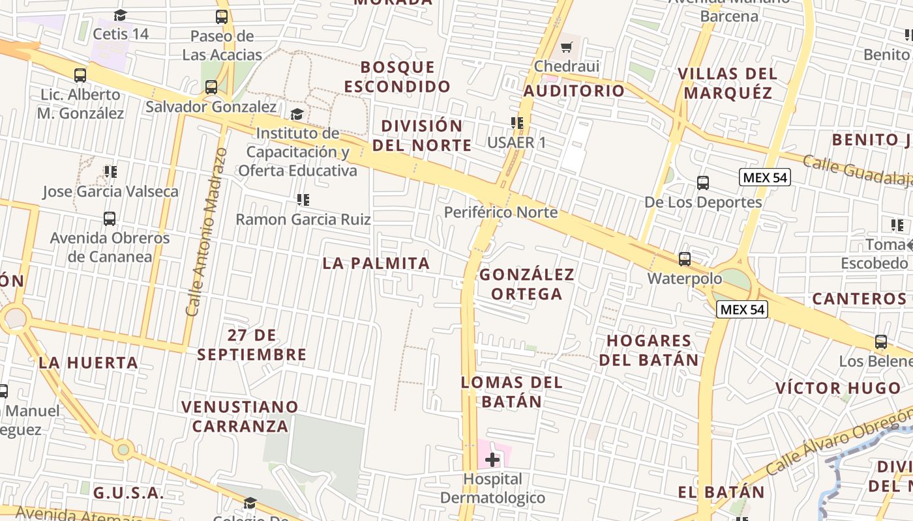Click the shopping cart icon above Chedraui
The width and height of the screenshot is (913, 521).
point(566,47)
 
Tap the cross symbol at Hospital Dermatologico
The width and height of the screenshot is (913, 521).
point(492,460)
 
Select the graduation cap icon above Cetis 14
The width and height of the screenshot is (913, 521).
point(120,15)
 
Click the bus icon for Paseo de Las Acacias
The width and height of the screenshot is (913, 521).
point(222,17)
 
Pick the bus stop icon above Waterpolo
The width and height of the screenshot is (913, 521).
point(685,259)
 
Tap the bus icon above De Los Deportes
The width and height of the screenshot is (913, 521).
point(703,183)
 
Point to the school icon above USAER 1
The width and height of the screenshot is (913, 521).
point(517,123)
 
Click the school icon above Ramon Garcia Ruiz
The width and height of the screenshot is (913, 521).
point(303,200)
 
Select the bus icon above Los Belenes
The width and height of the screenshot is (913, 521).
point(881,342)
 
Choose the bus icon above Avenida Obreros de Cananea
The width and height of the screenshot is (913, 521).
point(110,219)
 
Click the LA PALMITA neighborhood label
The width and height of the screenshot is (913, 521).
point(376,263)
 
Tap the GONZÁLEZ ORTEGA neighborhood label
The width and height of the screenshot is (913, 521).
point(527,284)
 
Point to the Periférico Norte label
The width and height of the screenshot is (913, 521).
point(501,212)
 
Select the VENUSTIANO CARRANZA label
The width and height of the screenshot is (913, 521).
point(239,416)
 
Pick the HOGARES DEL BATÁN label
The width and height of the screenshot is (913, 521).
point(649,350)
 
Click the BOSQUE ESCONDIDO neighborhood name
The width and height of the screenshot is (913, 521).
point(397,76)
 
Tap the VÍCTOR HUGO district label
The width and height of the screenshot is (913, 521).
point(838,389)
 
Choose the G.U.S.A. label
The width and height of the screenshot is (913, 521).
point(128,493)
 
